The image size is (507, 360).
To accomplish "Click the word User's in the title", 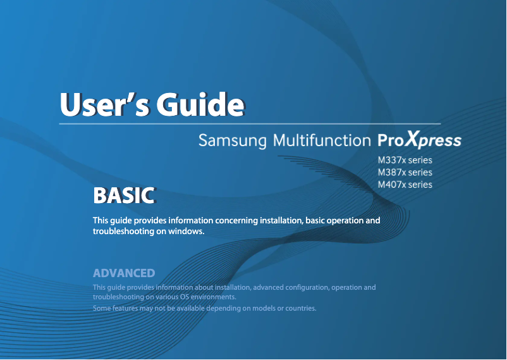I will pyautogui.click(x=102, y=102).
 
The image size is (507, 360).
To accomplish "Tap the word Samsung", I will pyautogui.click(x=232, y=140).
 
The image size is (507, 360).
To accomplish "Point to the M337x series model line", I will pyautogui.click(x=405, y=161).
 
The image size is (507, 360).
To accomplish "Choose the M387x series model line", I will pyautogui.click(x=405, y=173).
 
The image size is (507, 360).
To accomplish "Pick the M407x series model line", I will pyautogui.click(x=405, y=185).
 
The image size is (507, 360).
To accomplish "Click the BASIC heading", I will pyautogui.click(x=123, y=195).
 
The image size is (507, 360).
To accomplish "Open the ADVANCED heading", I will pyautogui.click(x=124, y=273).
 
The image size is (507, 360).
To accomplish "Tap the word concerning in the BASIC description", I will pyautogui.click(x=236, y=221).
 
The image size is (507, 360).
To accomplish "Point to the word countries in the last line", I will pyautogui.click(x=298, y=309).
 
